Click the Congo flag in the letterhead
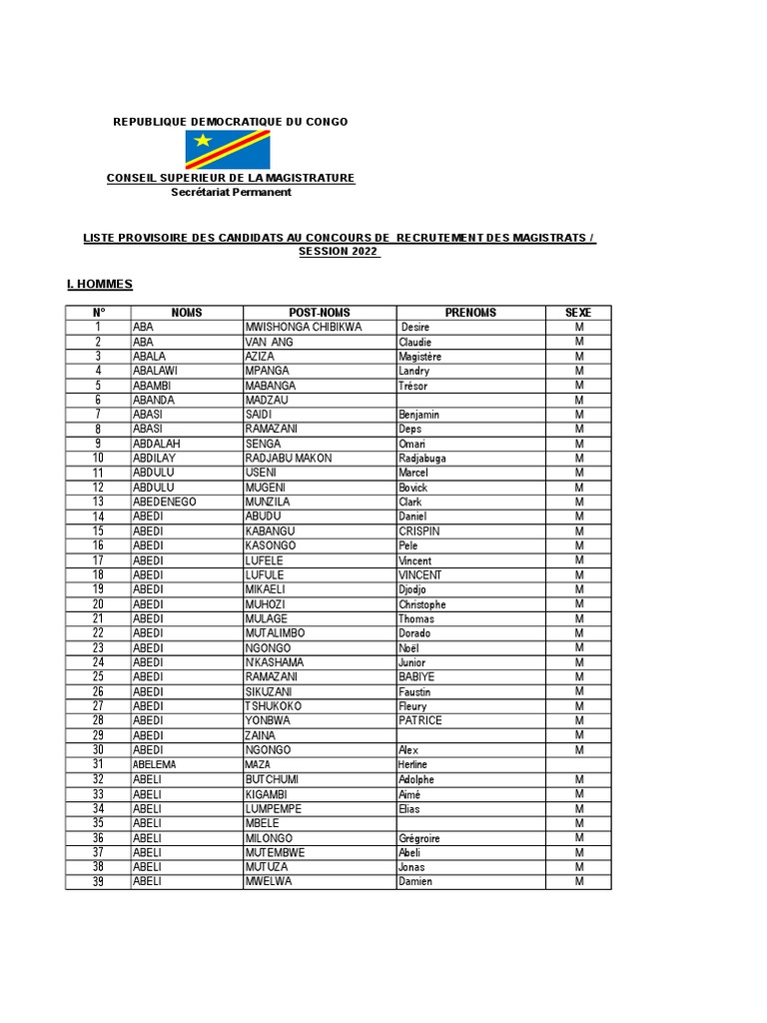tap(227, 150)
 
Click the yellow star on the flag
tap(203, 140)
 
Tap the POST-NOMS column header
tap(320, 313)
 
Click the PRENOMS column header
tap(470, 313)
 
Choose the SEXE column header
tap(578, 313)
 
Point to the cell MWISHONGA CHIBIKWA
tap(304, 328)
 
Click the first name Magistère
tap(419, 357)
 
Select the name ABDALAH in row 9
tap(157, 444)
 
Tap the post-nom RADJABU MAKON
tap(289, 459)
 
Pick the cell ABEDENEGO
tap(165, 502)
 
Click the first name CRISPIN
tap(418, 531)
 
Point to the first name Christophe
tap(422, 604)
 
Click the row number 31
tap(98, 764)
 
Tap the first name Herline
tap(412, 764)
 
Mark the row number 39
tap(98, 882)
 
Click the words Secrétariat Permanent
tap(231, 192)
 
